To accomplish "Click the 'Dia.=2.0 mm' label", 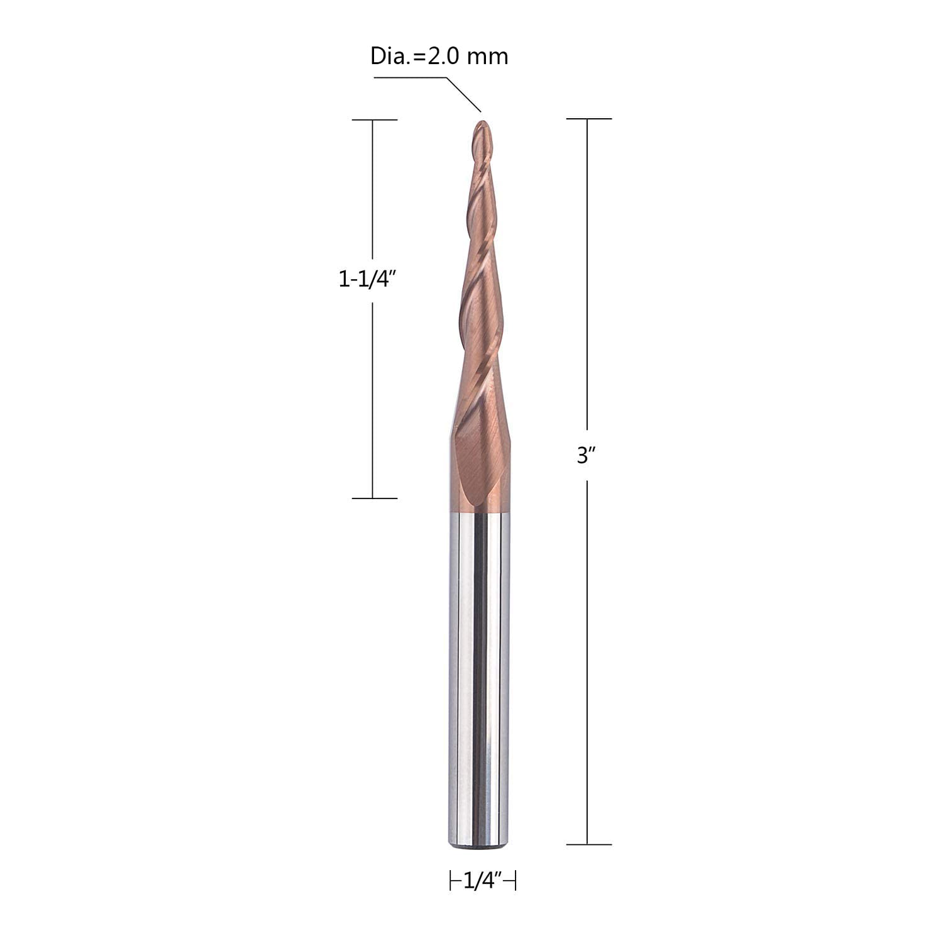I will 439,57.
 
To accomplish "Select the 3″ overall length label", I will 586,456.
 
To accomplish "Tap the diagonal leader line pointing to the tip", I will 463,94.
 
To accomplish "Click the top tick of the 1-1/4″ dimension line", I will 374,119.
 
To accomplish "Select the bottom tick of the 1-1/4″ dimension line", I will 374,499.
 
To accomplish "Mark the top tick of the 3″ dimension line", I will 588,118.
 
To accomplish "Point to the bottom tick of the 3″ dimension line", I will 588,844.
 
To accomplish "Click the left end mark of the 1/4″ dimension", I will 451,881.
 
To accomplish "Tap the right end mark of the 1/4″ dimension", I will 516,881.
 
